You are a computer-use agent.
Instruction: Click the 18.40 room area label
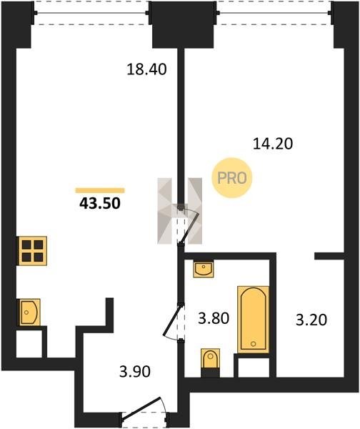point(146,69)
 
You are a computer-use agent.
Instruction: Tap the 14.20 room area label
point(273,144)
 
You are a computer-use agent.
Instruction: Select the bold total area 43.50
point(100,204)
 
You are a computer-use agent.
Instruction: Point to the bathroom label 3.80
point(214,318)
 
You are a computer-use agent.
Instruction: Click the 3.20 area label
point(311,320)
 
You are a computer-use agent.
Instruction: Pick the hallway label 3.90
point(135,372)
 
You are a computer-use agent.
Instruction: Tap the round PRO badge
point(232,178)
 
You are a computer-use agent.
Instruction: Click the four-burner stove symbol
point(33,251)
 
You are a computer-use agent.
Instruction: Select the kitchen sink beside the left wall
point(29,312)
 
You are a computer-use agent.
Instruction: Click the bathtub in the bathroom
point(253,320)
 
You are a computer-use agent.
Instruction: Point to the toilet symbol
point(210,359)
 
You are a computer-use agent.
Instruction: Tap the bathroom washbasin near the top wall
point(203,270)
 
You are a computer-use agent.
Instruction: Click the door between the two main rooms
point(189,225)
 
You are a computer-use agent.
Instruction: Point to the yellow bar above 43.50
point(100,190)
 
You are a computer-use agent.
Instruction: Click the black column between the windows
point(183,24)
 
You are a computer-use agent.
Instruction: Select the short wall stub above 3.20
point(329,256)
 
